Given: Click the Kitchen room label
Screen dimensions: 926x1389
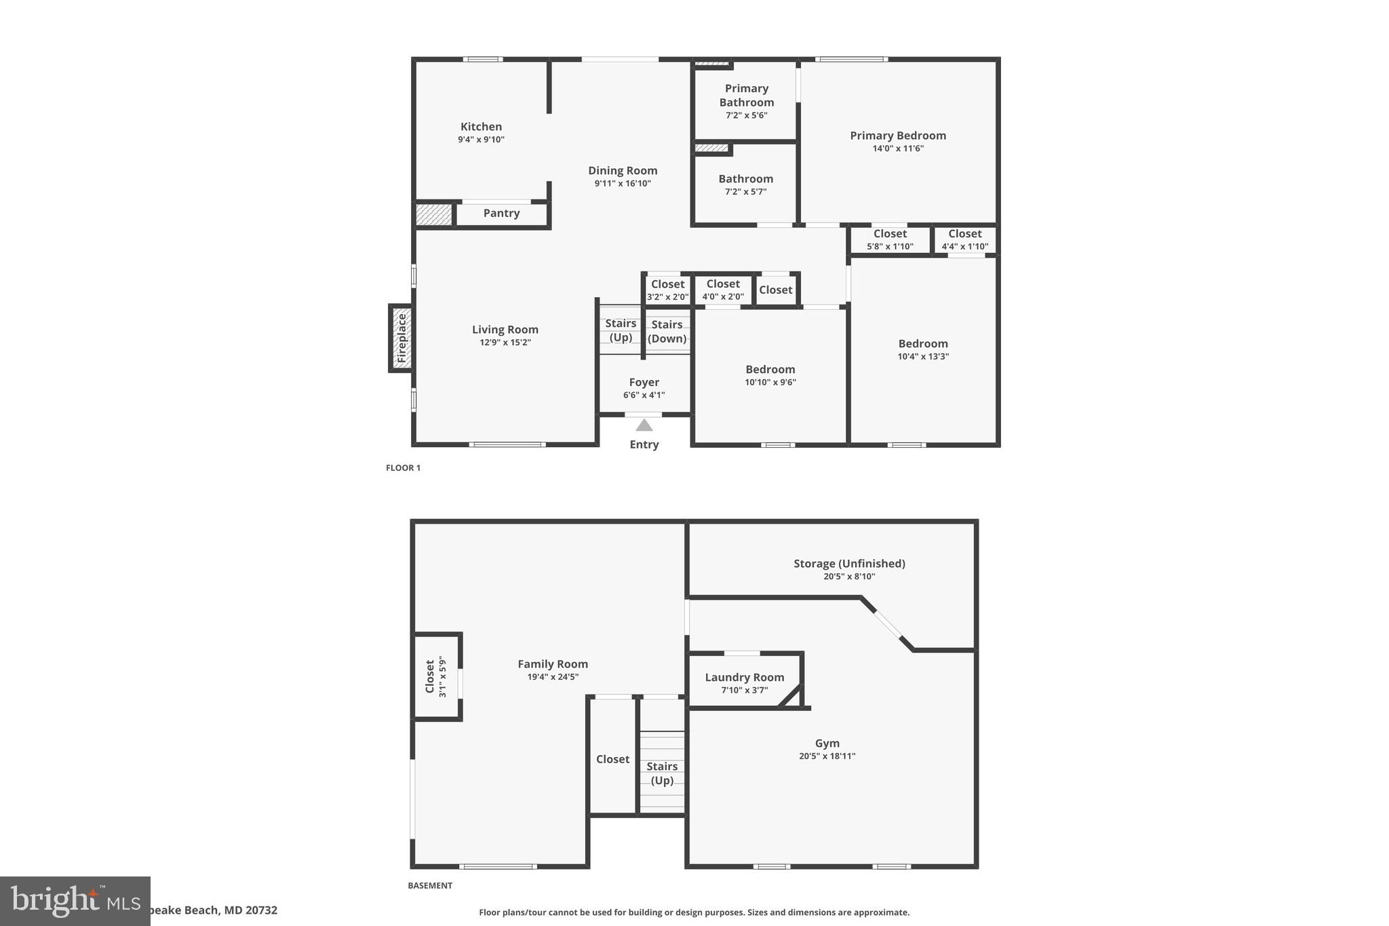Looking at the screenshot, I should point(481,127).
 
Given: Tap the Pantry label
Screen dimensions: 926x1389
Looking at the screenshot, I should point(501,213).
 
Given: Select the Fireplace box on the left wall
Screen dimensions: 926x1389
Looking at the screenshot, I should point(401,338).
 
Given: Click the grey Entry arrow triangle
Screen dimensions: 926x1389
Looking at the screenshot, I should point(644,425).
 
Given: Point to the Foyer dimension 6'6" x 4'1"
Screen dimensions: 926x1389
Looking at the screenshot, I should point(644,395).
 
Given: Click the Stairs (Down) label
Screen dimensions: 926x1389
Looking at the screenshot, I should point(667,332).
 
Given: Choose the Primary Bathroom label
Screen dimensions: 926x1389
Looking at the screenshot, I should point(746,96).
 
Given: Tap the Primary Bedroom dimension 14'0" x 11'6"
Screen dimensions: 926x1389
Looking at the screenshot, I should point(898,149).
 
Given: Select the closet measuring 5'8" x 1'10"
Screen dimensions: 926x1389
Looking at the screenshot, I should point(890,240).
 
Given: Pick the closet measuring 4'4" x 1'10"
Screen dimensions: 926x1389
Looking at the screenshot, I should point(964,240).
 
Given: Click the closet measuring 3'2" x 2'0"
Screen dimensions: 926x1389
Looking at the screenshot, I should point(667,290).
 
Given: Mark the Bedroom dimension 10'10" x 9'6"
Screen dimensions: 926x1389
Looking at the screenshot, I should point(770,382).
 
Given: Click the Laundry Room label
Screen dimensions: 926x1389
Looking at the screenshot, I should point(744,677).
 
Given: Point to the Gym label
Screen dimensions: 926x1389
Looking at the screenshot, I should point(827,744).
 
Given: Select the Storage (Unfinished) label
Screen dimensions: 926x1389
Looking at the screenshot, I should point(849,564).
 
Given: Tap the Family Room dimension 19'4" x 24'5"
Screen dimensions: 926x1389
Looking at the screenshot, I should point(553,677).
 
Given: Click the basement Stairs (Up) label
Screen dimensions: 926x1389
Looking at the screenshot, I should point(662,773).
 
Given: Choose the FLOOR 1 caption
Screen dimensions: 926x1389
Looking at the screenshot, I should point(403,468).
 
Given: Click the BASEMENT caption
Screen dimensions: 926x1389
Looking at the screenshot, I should point(429,886).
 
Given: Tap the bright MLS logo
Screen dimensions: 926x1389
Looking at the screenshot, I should point(75,901).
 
